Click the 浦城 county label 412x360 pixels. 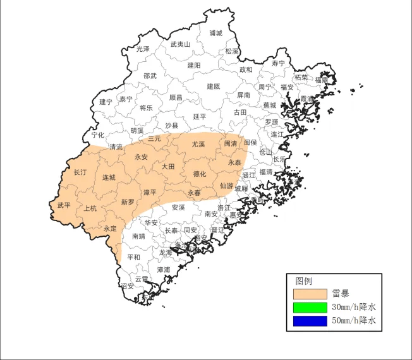(215, 33)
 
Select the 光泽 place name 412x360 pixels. (143, 49)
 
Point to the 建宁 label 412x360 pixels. (106, 102)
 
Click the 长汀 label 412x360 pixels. (80, 172)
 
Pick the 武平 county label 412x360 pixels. (64, 205)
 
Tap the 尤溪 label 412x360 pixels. (198, 144)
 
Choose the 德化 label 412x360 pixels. (199, 174)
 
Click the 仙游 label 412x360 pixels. (226, 186)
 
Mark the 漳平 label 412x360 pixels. (150, 192)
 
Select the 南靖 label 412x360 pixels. (138, 236)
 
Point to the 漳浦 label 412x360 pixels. (163, 269)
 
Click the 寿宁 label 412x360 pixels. (278, 64)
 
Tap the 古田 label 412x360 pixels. (240, 112)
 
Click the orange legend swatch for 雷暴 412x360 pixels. (310, 294)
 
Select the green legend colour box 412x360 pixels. (310, 308)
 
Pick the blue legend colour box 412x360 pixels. (310, 321)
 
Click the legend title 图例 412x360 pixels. (303, 281)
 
